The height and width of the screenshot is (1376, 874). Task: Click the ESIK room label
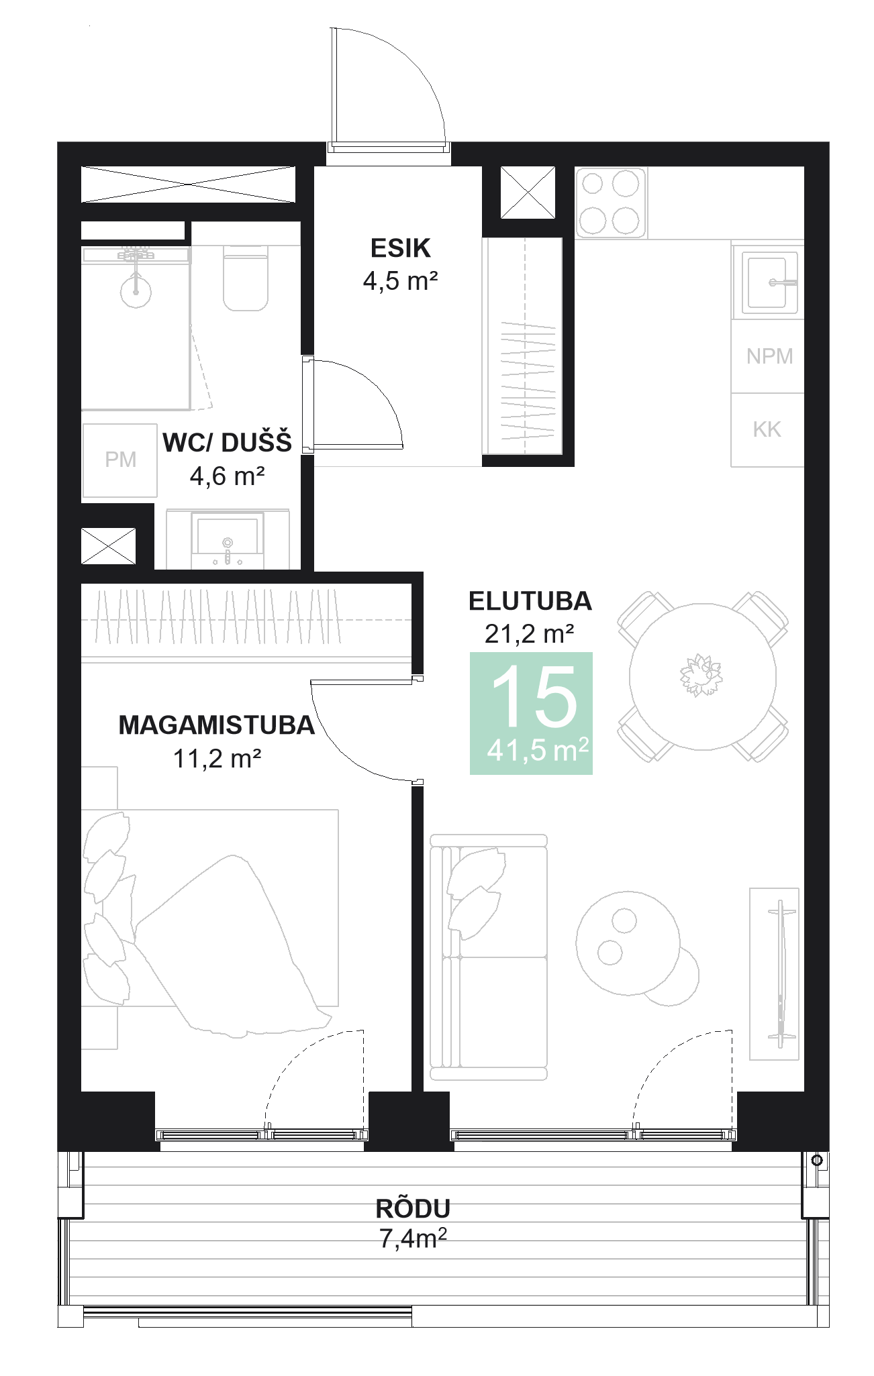[400, 248]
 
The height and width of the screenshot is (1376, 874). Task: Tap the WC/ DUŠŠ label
[227, 443]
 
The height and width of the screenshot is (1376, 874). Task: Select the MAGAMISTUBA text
[216, 725]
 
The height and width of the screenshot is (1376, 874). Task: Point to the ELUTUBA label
[530, 601]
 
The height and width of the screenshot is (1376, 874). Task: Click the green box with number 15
[531, 712]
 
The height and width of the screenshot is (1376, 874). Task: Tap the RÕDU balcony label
[413, 1208]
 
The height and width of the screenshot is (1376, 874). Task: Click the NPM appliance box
[769, 356]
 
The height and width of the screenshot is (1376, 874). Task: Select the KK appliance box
[767, 430]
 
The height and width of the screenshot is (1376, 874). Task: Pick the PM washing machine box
[120, 460]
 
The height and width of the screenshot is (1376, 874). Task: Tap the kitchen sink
[768, 282]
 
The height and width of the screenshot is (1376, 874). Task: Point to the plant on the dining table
[701, 674]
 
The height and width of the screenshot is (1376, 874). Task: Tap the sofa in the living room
[489, 957]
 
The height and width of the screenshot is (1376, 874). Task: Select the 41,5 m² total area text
[538, 750]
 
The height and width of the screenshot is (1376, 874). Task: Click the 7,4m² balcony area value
[413, 1238]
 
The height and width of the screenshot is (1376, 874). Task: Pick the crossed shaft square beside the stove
[528, 193]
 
